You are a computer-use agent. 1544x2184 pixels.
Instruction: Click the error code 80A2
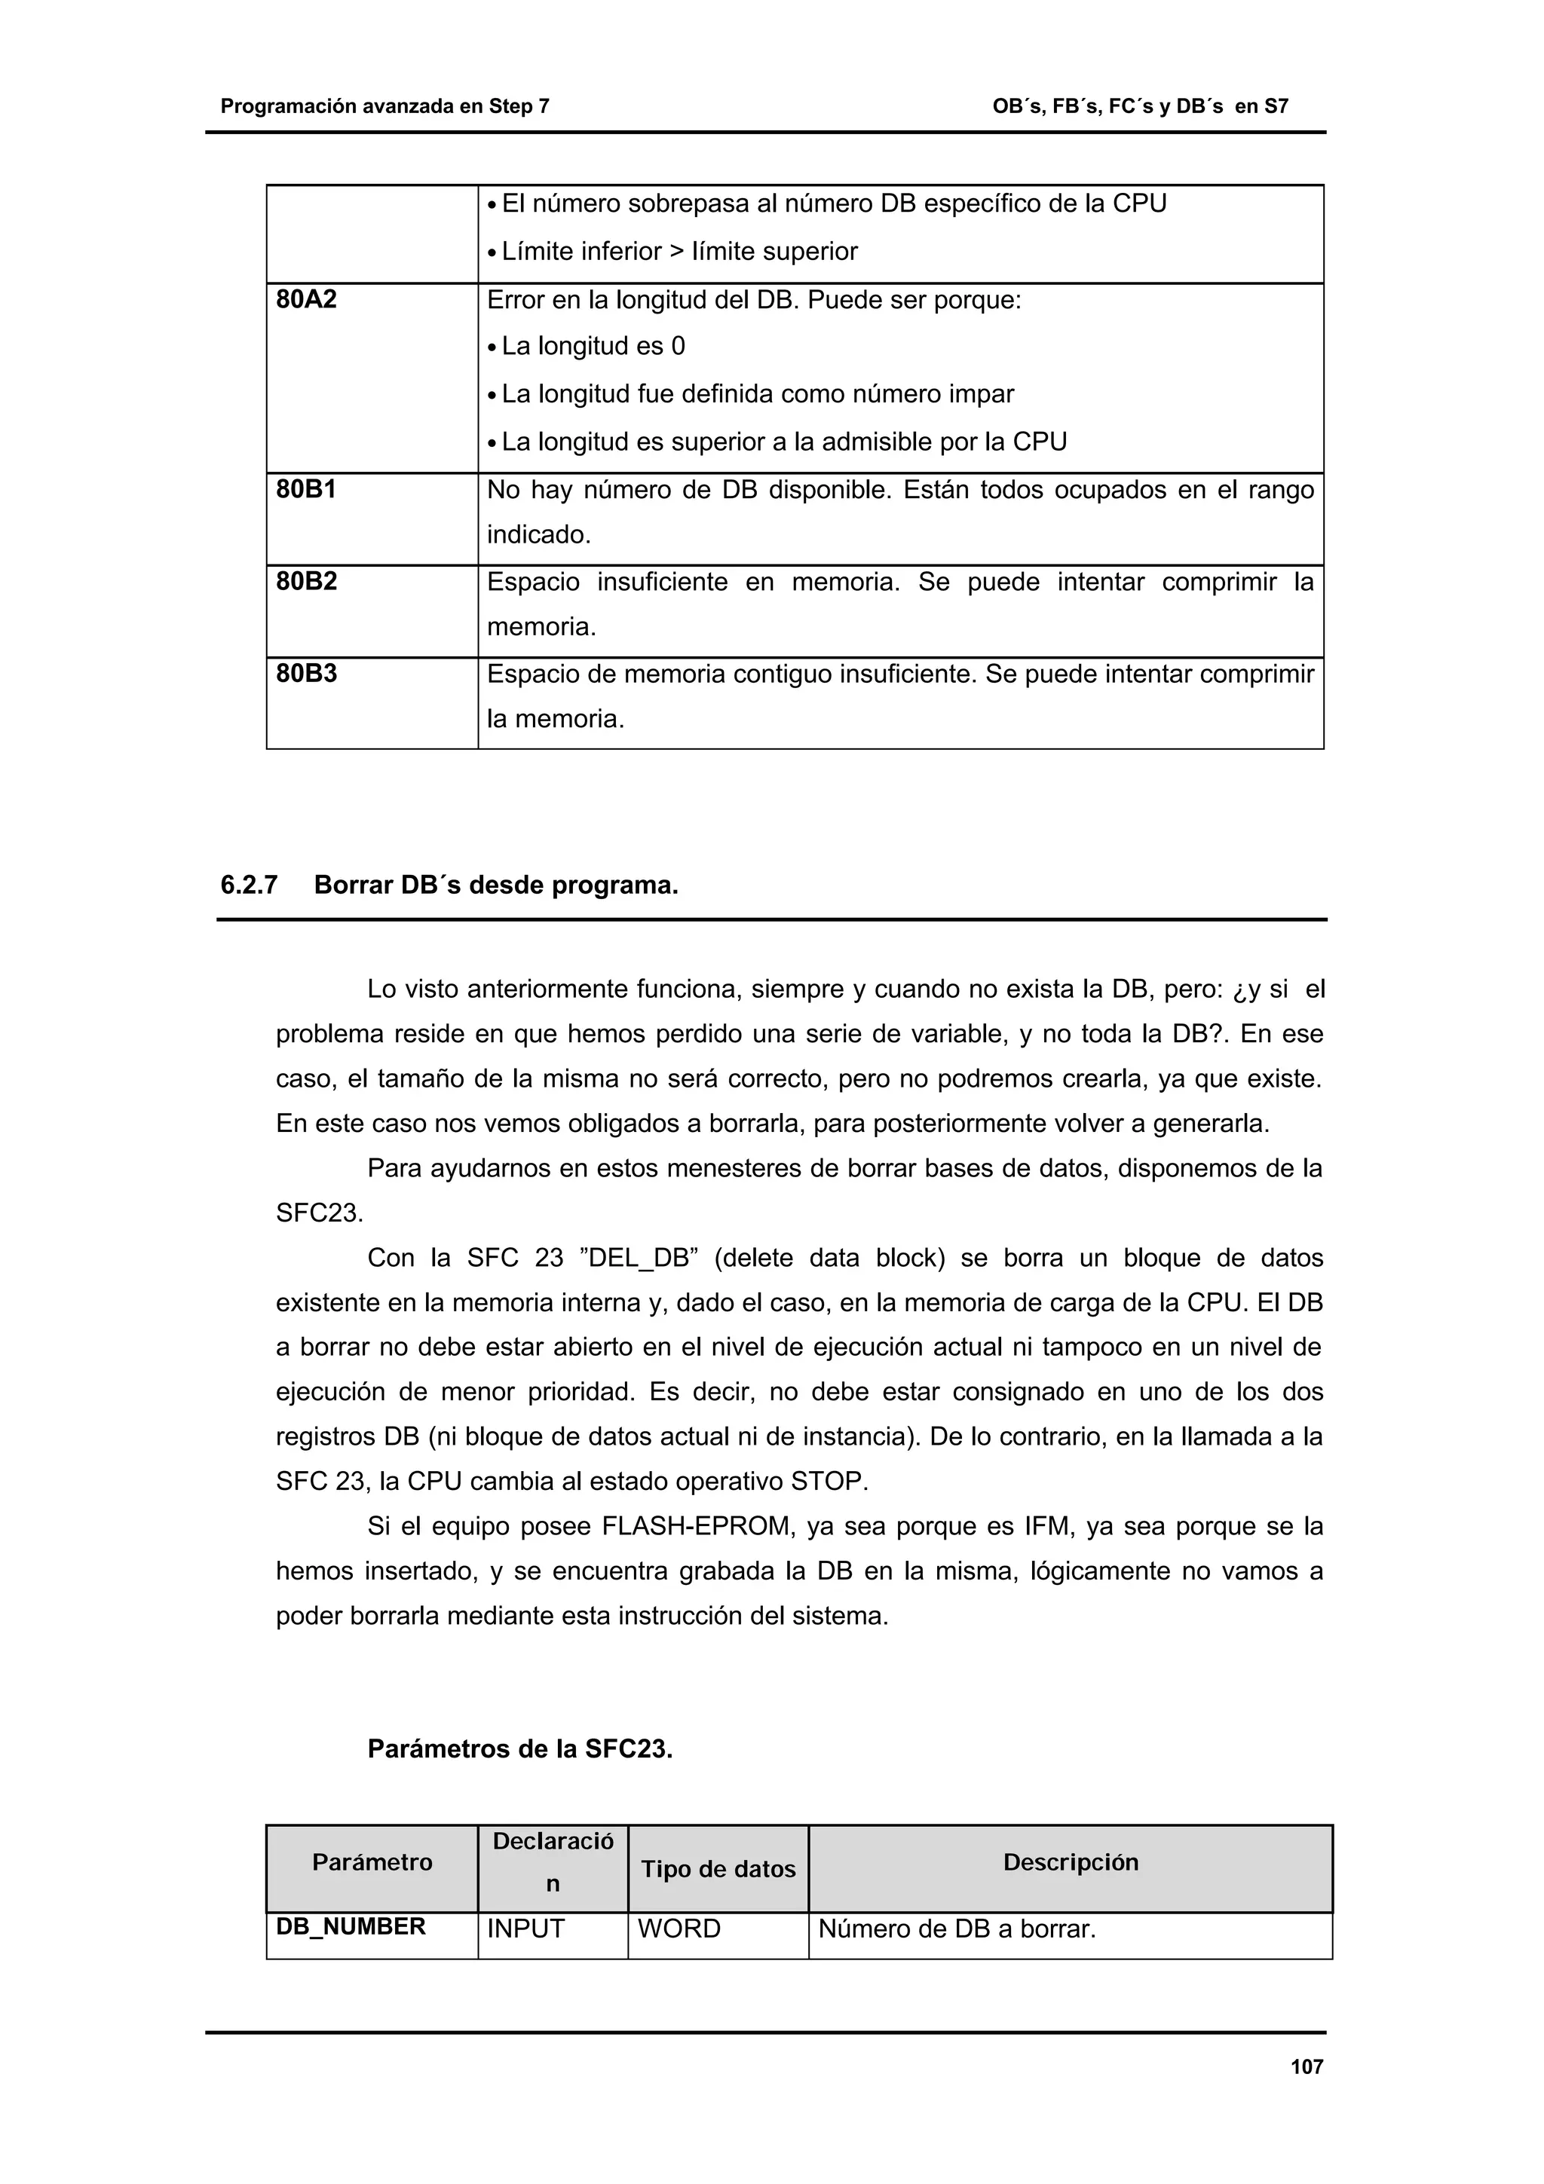(306, 301)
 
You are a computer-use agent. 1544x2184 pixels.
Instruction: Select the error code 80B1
(306, 490)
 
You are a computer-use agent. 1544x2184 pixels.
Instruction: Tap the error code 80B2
(306, 581)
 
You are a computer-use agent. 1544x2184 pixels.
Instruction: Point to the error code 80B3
(306, 674)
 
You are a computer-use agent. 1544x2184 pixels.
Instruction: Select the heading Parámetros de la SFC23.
(519, 1749)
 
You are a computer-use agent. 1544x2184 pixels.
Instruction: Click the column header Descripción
(1071, 1862)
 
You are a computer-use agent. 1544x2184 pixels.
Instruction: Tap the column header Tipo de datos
(718, 1869)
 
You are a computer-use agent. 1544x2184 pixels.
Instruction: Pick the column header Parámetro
(372, 1862)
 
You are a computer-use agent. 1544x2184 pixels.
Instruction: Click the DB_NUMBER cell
(350, 1927)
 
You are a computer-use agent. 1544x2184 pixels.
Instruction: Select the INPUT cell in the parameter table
(526, 1929)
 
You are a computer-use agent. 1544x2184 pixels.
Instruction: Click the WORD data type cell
(679, 1929)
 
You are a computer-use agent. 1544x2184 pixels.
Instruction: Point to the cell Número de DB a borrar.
(957, 1929)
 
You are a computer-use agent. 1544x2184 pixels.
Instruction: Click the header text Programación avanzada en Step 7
(384, 106)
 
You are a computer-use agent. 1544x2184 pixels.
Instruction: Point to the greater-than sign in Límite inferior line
(676, 252)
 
